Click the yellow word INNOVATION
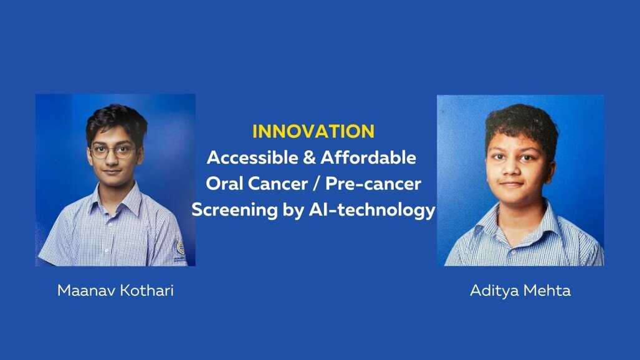pos(313,131)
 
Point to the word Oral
pos(226,184)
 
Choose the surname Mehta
pos(548,291)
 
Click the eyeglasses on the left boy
pos(112,151)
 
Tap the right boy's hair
pos(522,121)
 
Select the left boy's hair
pos(117,117)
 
